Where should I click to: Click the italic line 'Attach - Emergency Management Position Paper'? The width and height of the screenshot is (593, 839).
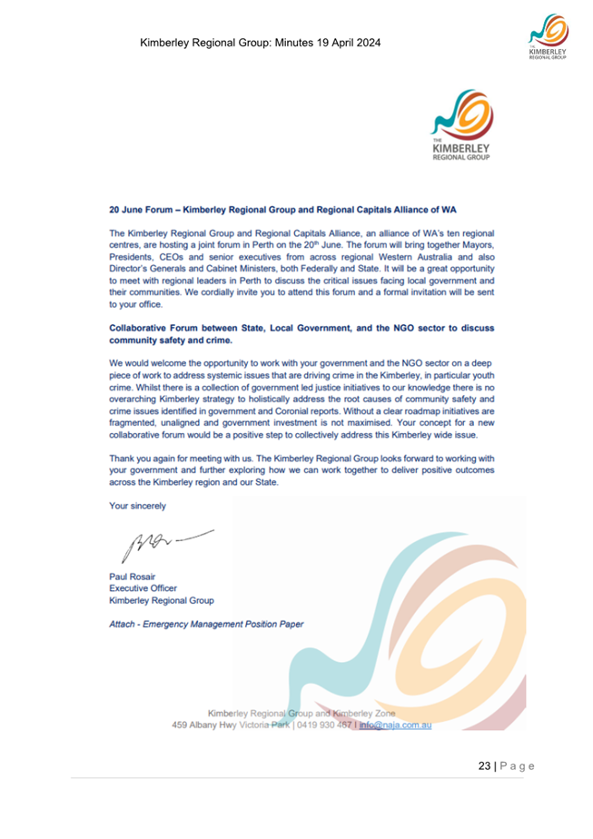tap(206, 624)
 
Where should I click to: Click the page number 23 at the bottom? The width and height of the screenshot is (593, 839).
tap(484, 767)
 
